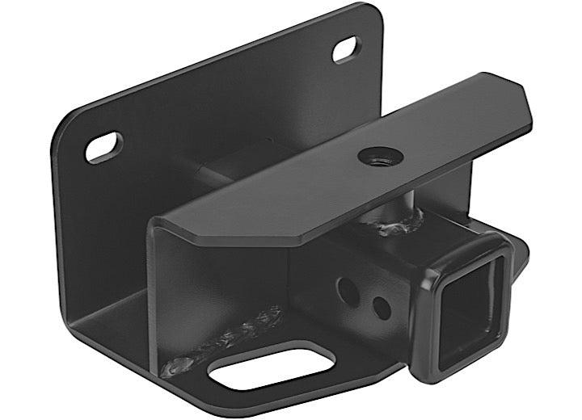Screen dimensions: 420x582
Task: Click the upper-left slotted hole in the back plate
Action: click(104, 147)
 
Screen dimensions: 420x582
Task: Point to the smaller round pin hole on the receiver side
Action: click(378, 306)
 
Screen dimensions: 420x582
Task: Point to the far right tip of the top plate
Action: click(529, 121)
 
